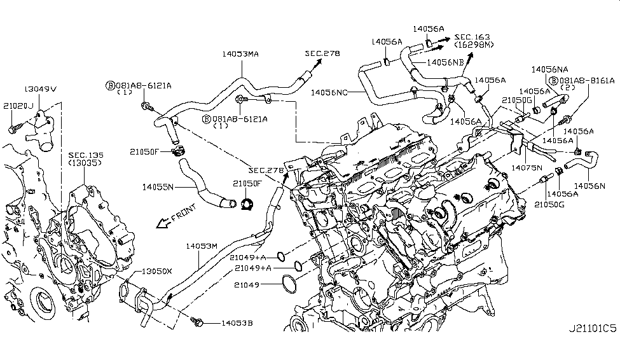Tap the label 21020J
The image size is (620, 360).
pos(18,106)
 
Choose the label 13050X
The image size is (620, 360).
pos(156,270)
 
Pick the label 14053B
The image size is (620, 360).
pos(237,324)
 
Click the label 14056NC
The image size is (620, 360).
pos(331,92)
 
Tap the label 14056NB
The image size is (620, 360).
pos(444,62)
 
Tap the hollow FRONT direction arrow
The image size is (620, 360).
pos(163,222)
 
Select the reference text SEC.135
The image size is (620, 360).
pos(85,155)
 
